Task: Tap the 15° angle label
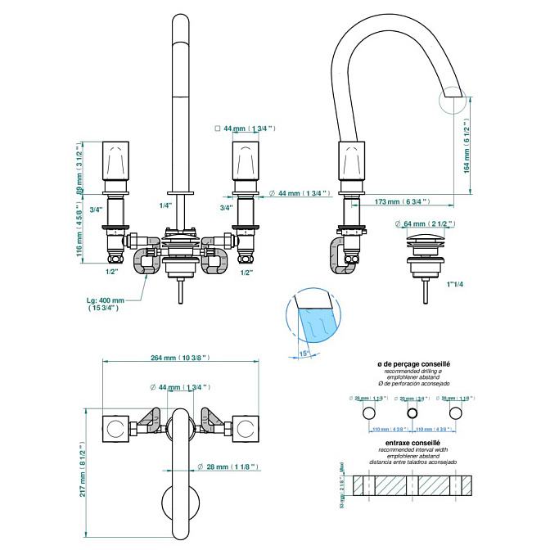coord(304,353)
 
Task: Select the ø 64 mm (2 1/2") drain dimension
coord(427,224)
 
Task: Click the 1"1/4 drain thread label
coord(456,284)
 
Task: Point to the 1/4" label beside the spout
coord(165,206)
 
